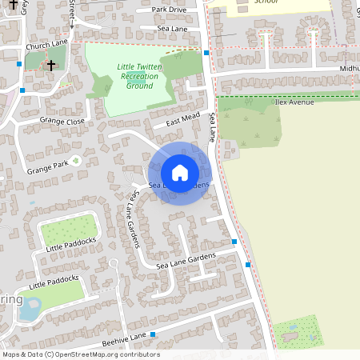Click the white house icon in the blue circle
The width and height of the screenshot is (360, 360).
tap(180, 173)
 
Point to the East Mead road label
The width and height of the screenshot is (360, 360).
tap(182, 119)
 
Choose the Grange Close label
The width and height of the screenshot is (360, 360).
tap(62, 121)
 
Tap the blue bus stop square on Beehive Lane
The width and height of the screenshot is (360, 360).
tap(153, 334)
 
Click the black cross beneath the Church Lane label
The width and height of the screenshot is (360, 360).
tap(51, 65)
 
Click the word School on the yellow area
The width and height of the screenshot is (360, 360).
tap(266, 2)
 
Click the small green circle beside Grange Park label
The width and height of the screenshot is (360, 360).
tap(76, 161)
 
